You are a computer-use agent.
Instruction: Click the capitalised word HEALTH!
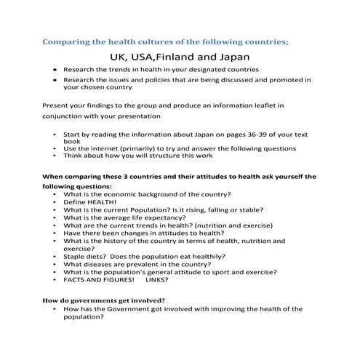102,201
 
